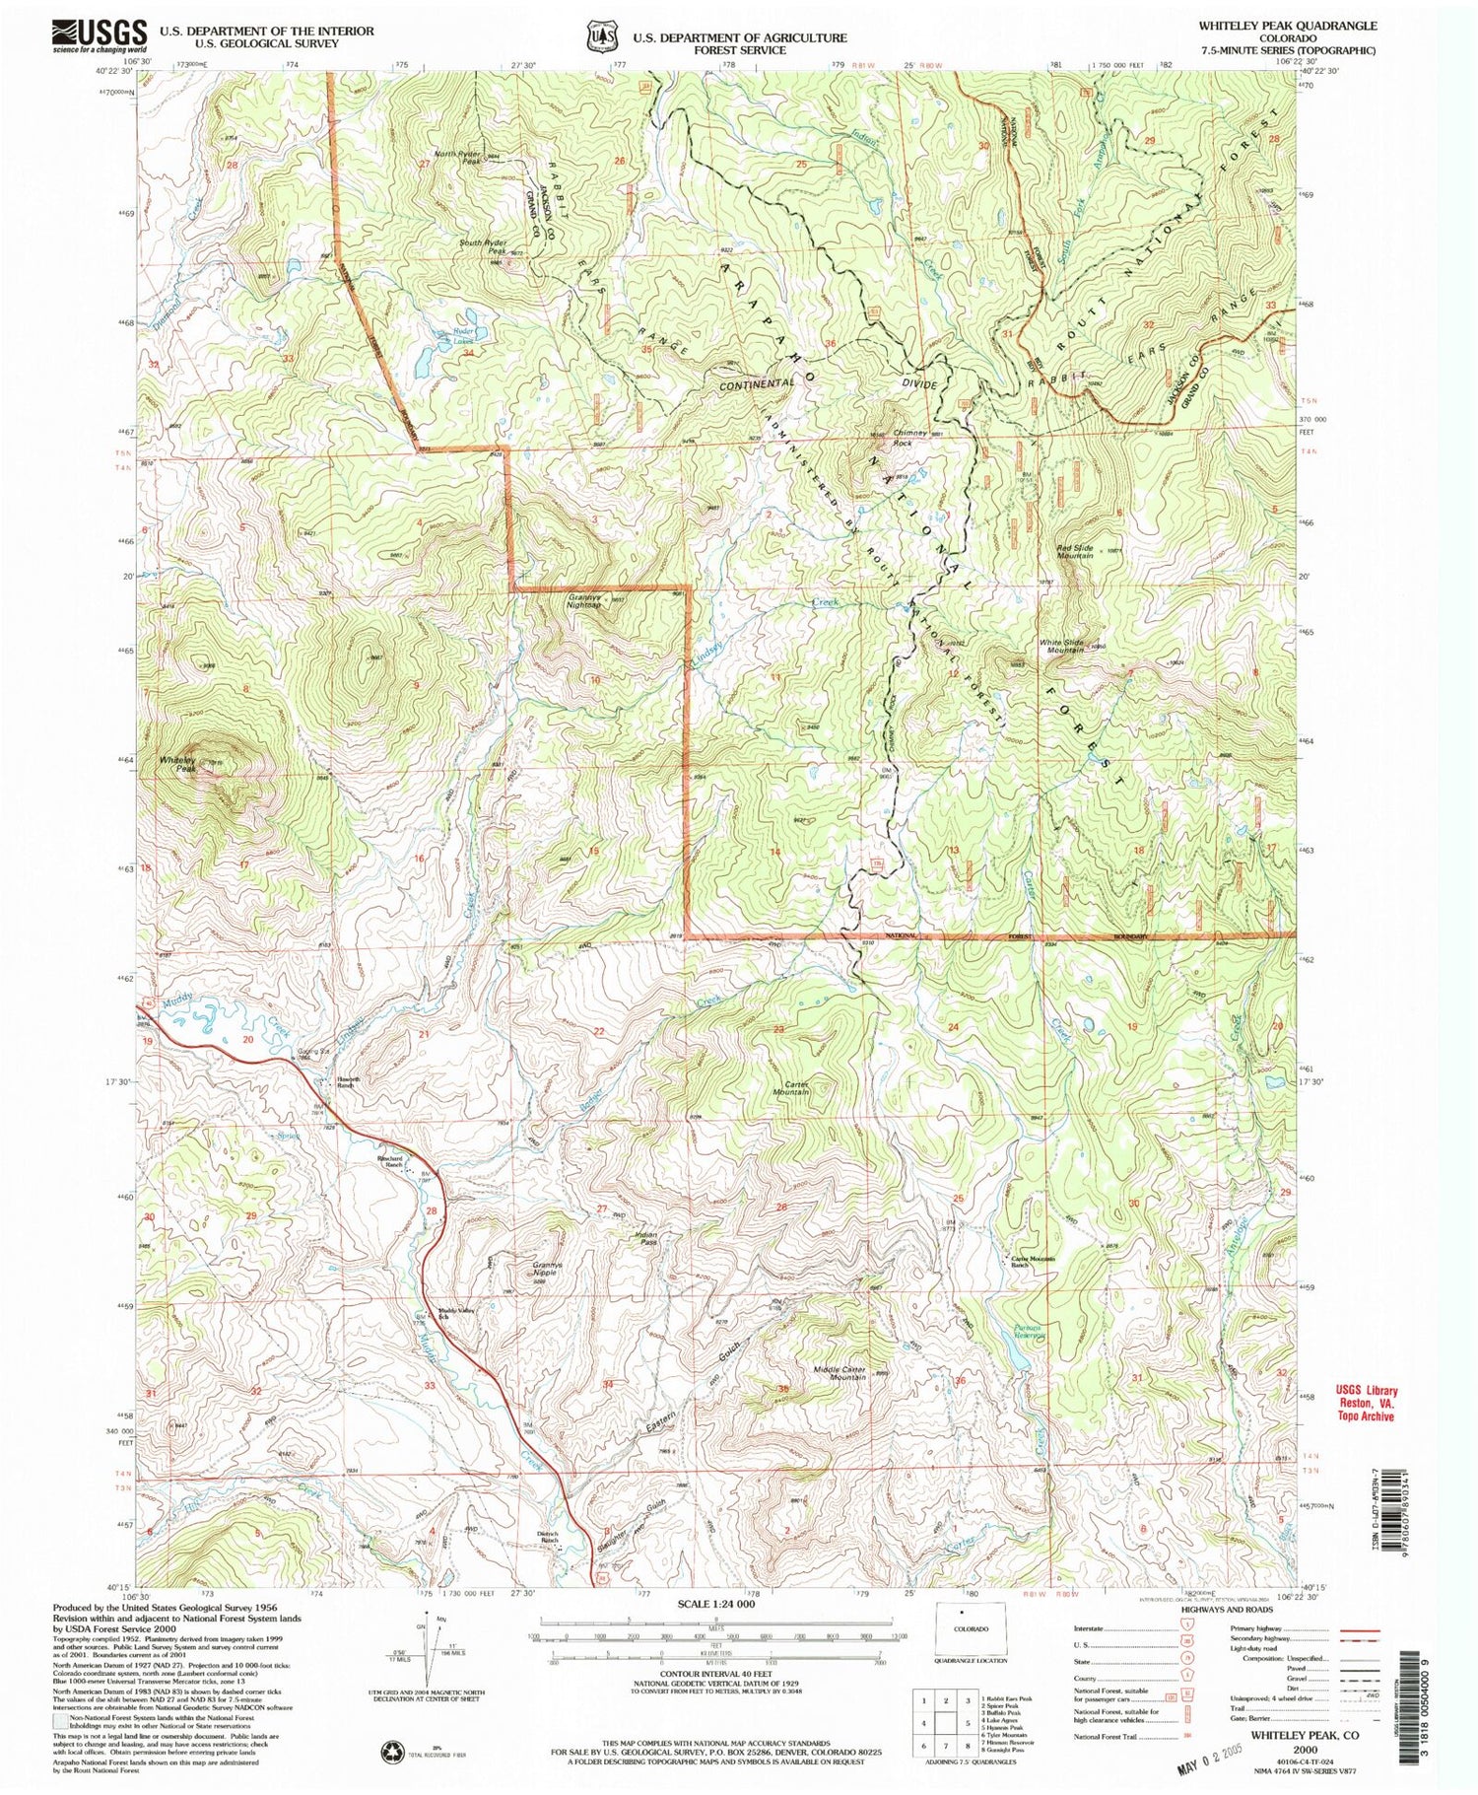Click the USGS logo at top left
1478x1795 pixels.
coord(99,36)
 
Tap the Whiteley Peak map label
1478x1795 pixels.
coord(178,764)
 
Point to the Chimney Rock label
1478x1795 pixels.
coord(909,437)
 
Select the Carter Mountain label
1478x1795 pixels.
coord(790,1088)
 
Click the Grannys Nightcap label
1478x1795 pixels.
coord(584,601)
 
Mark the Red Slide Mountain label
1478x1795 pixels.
coord(1074,551)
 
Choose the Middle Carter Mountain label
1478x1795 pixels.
coord(840,1372)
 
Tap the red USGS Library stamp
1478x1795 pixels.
coord(1366,1404)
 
